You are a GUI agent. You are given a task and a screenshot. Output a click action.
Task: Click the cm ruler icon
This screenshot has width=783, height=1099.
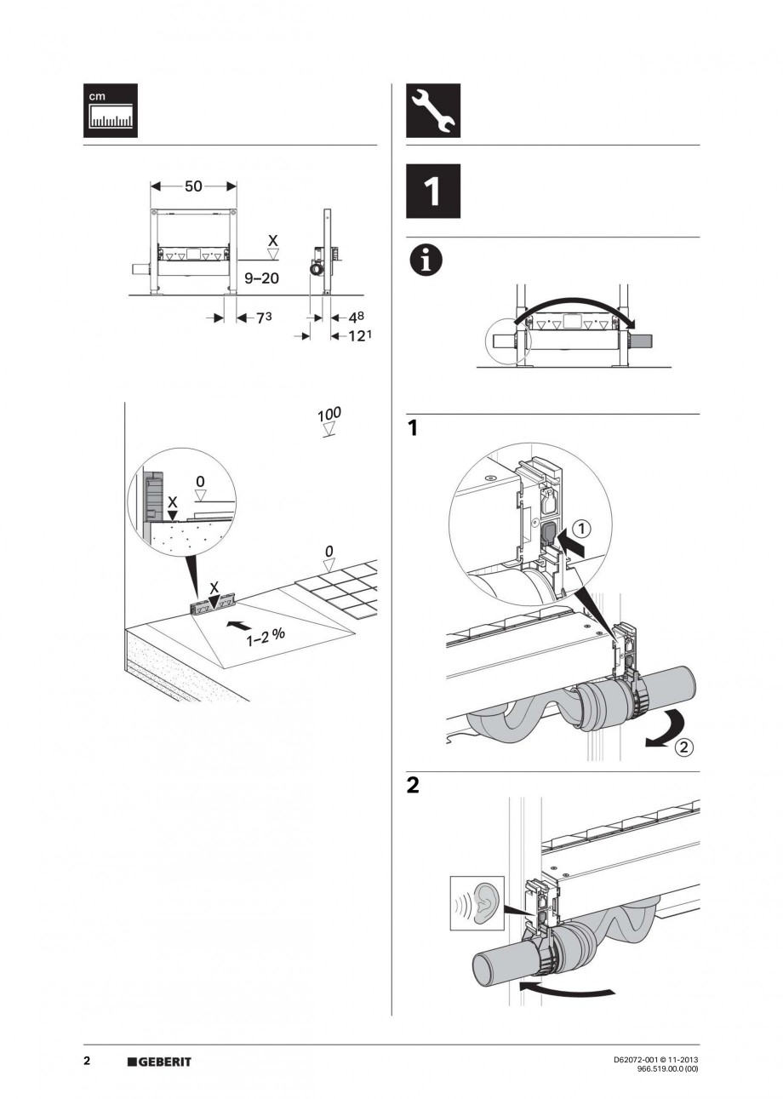point(110,111)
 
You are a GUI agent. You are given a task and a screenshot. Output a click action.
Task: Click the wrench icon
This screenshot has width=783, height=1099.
point(432,111)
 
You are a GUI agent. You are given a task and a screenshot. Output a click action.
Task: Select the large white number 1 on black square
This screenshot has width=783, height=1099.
point(432,192)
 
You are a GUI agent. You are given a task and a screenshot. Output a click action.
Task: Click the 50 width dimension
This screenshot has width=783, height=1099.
point(193,186)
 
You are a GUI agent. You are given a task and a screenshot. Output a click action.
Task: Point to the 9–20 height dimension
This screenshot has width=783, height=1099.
point(261,278)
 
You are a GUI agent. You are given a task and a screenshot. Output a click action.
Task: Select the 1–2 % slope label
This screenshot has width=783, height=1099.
point(266,638)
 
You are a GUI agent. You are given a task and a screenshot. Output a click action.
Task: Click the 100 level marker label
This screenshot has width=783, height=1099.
point(329,415)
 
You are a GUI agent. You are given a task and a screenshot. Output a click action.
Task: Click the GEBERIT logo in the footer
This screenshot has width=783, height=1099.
point(160,1062)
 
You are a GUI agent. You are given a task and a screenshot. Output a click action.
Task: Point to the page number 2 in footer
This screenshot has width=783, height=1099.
point(87,1061)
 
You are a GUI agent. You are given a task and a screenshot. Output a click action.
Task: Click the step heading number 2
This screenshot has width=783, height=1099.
point(413,786)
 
